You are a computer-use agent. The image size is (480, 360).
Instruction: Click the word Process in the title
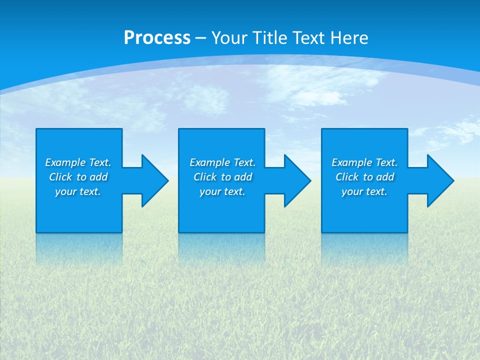pyautogui.click(x=157, y=38)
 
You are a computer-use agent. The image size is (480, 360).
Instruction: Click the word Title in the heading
pyautogui.click(x=270, y=38)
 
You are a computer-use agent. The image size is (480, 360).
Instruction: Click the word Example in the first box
pyautogui.click(x=65, y=162)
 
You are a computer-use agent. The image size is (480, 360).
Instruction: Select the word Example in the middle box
pyautogui.click(x=209, y=162)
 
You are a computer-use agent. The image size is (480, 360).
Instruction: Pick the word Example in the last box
pyautogui.click(x=351, y=162)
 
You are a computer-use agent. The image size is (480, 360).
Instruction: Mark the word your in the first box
pyautogui.click(x=65, y=191)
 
